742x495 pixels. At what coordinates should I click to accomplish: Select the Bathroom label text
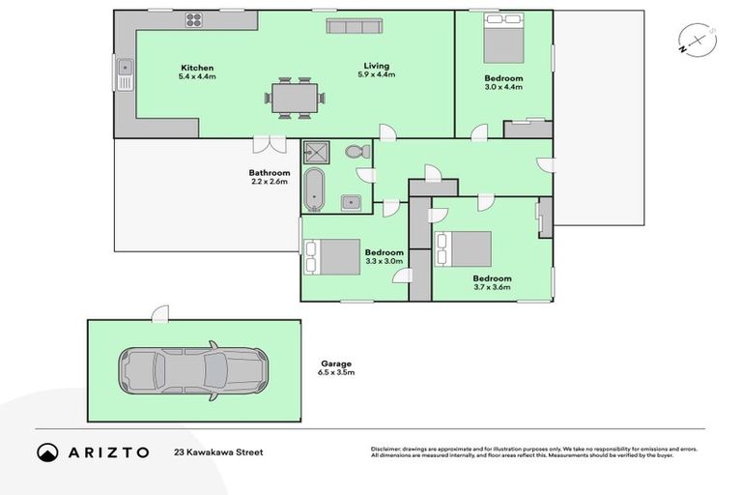click(x=270, y=173)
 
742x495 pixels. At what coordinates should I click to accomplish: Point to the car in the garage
click(x=190, y=369)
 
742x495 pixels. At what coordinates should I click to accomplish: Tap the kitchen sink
click(x=125, y=71)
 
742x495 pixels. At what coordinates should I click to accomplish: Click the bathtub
click(x=315, y=189)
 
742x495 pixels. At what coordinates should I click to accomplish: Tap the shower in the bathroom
click(x=316, y=153)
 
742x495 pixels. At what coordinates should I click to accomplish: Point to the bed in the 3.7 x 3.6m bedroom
click(x=465, y=249)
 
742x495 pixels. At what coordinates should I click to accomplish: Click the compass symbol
click(x=696, y=40)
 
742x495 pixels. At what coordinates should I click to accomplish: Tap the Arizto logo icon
click(x=48, y=451)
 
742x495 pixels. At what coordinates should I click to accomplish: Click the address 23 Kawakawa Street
click(x=217, y=451)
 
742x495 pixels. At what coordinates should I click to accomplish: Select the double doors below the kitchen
click(x=270, y=144)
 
